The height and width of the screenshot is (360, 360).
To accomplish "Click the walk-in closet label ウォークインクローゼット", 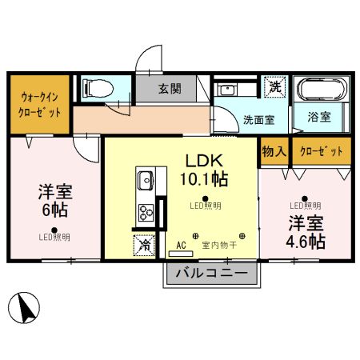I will (x=40, y=105).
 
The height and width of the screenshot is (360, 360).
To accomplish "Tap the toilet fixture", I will (x=100, y=87).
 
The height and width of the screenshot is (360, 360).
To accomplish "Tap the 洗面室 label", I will (x=259, y=119).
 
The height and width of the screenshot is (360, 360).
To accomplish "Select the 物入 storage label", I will (x=274, y=151).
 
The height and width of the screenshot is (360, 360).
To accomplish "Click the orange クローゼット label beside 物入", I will (x=322, y=151).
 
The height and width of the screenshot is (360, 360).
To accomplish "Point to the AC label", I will (x=180, y=246).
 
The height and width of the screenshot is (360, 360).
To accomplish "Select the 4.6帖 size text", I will (x=306, y=240).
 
